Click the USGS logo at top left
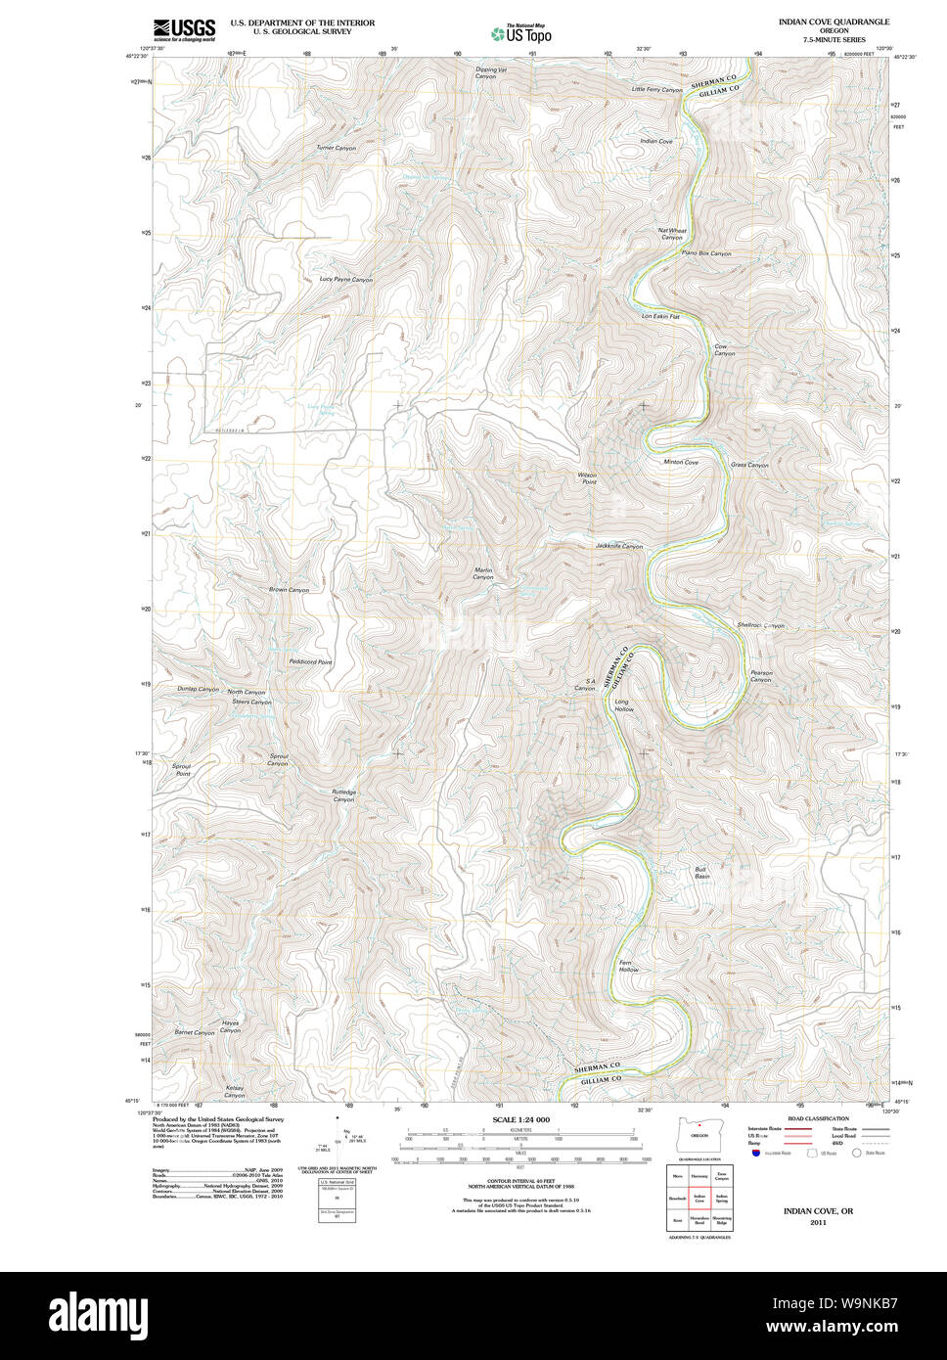pyautogui.click(x=184, y=29)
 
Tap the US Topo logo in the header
pyautogui.click(x=521, y=33)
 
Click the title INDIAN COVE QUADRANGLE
pyautogui.click(x=834, y=22)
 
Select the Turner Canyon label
pyautogui.click(x=336, y=148)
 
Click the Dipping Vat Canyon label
pyautogui.click(x=491, y=72)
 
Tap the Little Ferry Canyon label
pyautogui.click(x=656, y=90)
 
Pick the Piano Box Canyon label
pyautogui.click(x=706, y=253)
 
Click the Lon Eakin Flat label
pyautogui.click(x=660, y=316)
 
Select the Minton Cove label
pyautogui.click(x=681, y=462)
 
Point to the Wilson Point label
pyautogui.click(x=587, y=478)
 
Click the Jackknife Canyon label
pyautogui.click(x=618, y=546)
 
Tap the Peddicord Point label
pyautogui.click(x=310, y=662)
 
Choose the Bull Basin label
pyautogui.click(x=701, y=873)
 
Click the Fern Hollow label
pyautogui.click(x=628, y=966)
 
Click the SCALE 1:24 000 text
pyautogui.click(x=520, y=1119)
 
